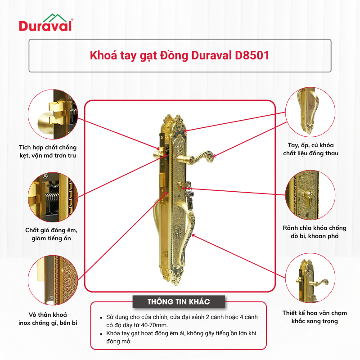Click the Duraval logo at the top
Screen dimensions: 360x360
coord(46,22)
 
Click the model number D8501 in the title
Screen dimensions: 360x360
coord(252,55)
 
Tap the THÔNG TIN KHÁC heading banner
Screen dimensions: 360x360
coord(179,301)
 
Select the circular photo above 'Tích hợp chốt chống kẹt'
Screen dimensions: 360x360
coord(53,114)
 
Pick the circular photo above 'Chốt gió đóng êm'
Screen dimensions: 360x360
coord(53,197)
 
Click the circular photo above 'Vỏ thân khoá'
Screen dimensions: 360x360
coord(53,280)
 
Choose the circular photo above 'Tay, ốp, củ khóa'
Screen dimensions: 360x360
coord(310,112)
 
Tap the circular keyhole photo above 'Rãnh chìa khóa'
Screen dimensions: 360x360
coord(310,195)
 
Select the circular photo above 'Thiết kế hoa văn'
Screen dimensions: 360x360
coord(310,278)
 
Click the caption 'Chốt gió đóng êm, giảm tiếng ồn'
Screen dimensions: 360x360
coord(51,234)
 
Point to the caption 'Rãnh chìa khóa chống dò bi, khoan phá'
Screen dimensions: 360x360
coord(315,232)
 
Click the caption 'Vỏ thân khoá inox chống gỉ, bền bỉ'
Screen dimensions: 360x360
coord(48,319)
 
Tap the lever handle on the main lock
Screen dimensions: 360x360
coord(195,157)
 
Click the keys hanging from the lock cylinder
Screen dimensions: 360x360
coord(189,195)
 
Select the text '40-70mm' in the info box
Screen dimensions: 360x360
coord(156,325)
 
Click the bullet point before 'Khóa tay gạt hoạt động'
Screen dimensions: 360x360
coord(101,333)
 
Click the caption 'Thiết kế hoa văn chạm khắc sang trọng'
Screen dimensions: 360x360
coord(315,317)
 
